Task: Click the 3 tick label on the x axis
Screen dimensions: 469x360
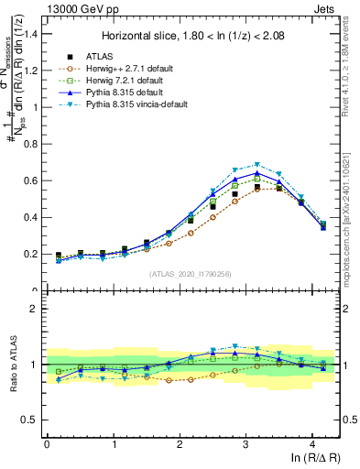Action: [245, 444]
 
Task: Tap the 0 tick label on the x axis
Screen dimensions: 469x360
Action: [47, 444]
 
